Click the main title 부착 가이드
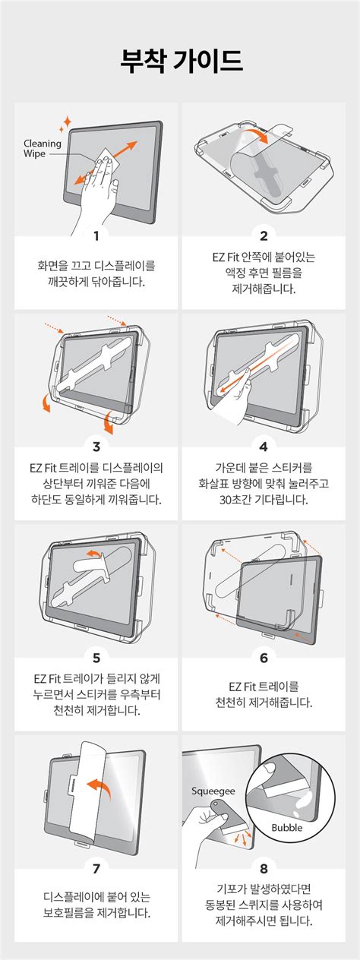click(182, 61)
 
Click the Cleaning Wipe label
click(42, 148)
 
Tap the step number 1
click(96, 235)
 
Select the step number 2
click(264, 235)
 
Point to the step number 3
click(96, 447)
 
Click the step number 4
click(264, 447)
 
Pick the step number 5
click(96, 658)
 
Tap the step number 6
click(264, 658)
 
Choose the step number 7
click(96, 869)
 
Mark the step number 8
click(264, 869)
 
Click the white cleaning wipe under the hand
click(106, 161)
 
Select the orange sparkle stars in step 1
click(65, 124)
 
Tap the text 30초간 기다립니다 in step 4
click(264, 500)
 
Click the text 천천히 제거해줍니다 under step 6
click(264, 703)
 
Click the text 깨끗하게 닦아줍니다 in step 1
click(96, 282)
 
